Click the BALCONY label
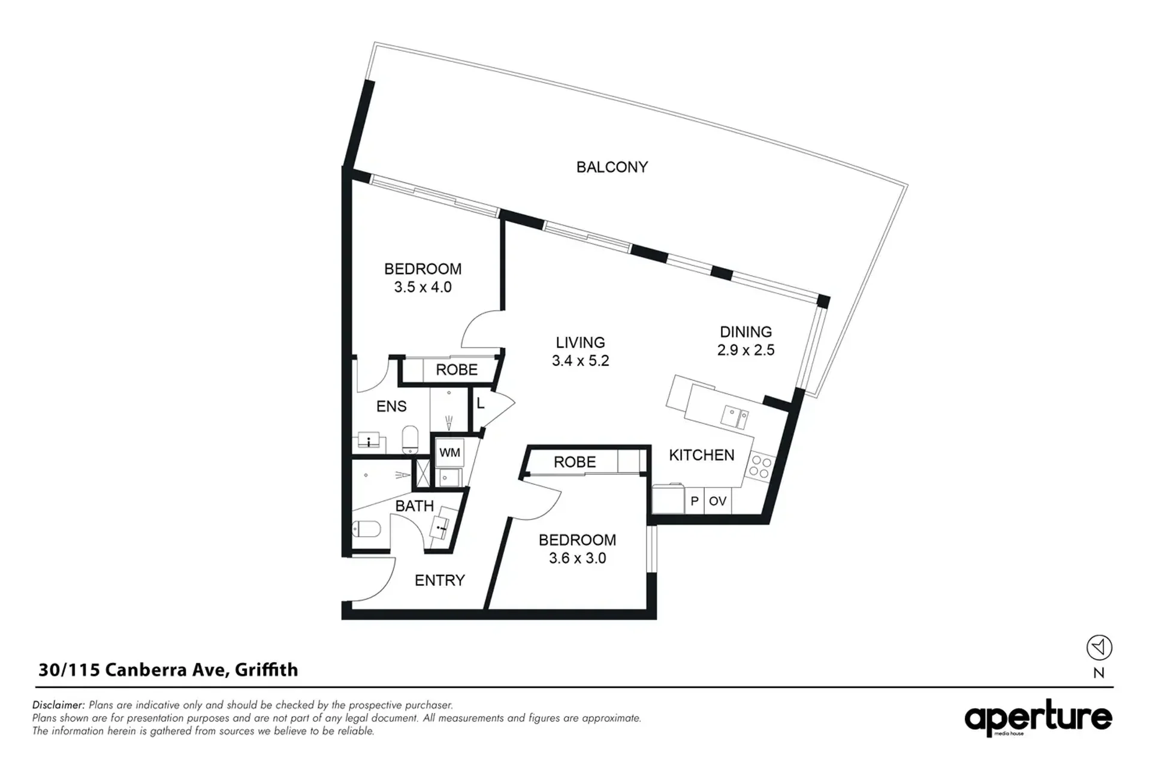612,167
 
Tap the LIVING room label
580,342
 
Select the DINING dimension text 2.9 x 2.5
745,350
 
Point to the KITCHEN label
701,455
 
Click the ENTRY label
440,580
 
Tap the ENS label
391,407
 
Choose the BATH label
414,506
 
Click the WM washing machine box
449,452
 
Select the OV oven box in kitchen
717,501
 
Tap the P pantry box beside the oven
695,501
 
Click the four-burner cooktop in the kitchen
760,467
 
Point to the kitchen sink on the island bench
735,417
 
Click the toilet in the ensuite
411,440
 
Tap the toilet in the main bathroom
366,529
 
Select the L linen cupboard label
481,404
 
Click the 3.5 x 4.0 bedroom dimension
422,287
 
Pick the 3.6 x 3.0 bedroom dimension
577,558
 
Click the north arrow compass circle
1099,648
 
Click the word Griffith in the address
266,670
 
